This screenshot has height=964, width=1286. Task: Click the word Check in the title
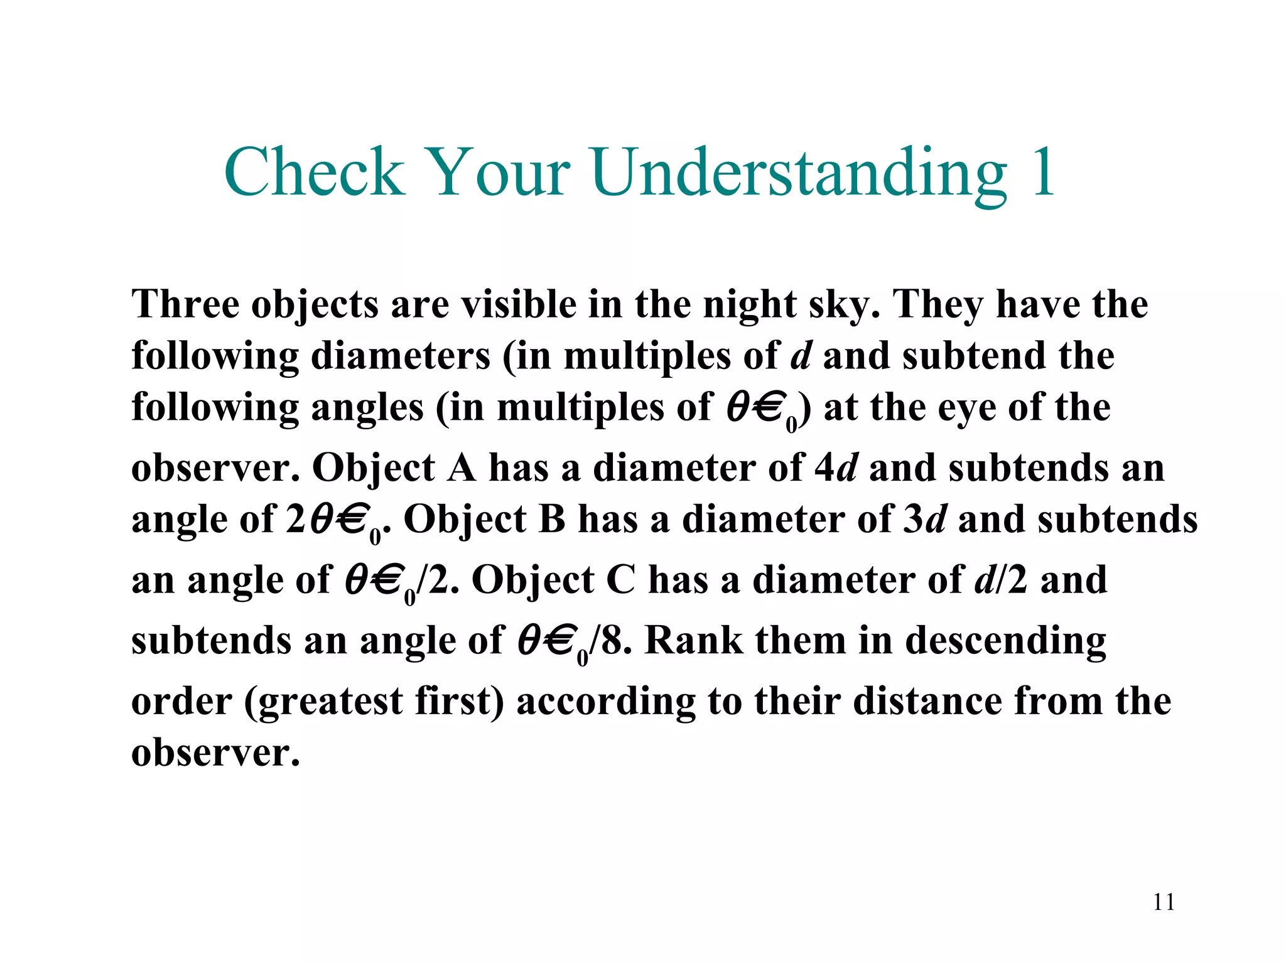(x=314, y=172)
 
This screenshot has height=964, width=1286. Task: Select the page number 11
(x=1164, y=902)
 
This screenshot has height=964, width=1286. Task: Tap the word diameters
(x=400, y=356)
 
